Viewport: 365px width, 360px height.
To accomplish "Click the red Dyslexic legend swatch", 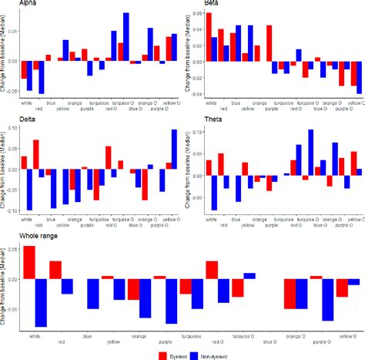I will pyautogui.click(x=163, y=355).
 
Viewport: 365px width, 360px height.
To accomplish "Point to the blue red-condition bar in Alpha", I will pyautogui.click(x=42, y=77).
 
